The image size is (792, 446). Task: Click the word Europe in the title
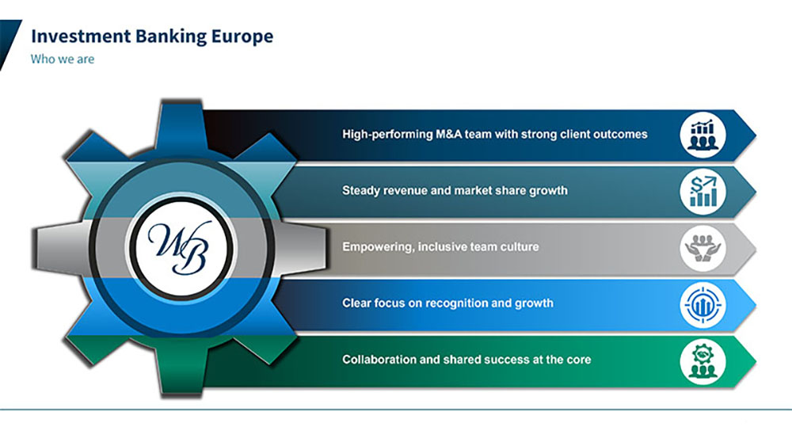coord(242,36)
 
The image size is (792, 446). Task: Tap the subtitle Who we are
coord(63,59)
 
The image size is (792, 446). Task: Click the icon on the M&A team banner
coord(703,135)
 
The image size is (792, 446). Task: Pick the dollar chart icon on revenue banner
coord(703,192)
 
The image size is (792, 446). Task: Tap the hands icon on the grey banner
coord(703,248)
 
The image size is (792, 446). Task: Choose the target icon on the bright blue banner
coord(703,304)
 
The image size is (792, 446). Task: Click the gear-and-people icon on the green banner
coord(703,361)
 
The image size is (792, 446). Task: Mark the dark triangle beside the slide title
coord(8,41)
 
